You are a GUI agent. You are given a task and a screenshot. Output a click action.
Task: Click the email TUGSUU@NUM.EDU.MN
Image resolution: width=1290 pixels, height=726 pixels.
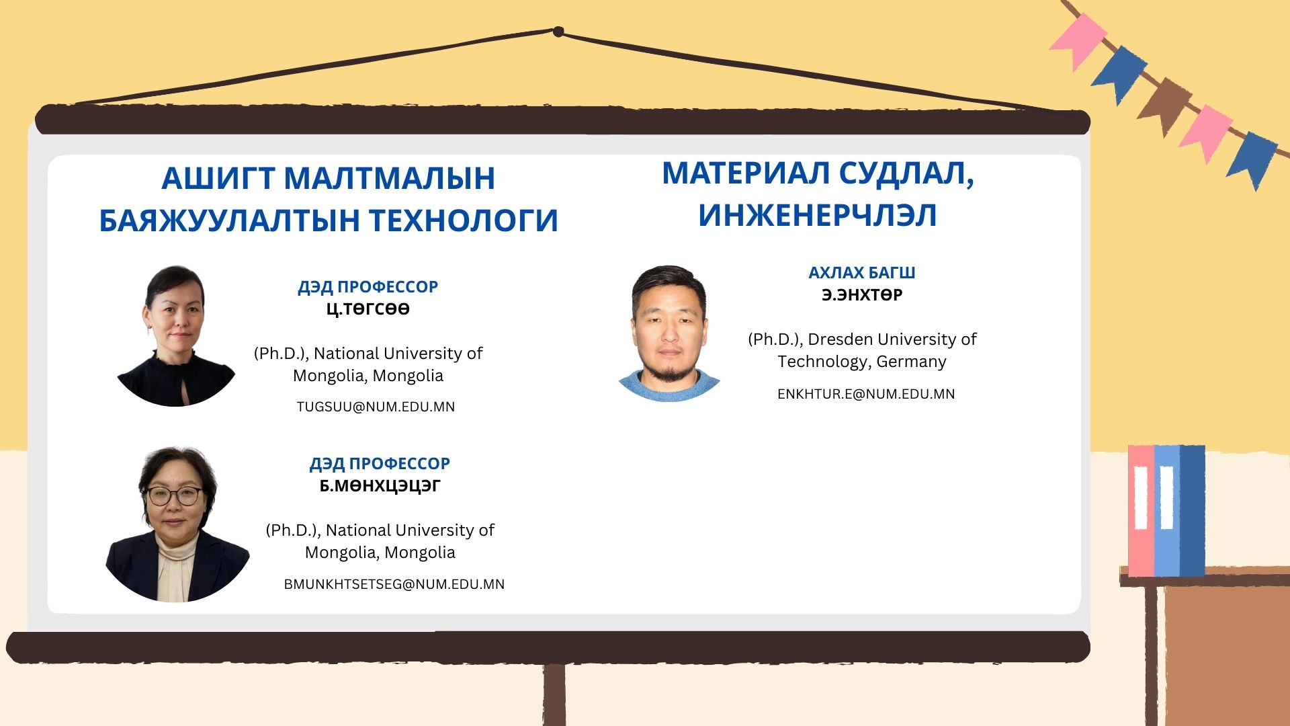pos(376,407)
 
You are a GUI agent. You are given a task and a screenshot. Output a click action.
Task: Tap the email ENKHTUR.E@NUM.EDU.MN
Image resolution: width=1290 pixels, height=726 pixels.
pos(866,394)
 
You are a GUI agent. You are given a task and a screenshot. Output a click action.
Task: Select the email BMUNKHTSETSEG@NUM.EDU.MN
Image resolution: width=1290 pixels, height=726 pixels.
pos(394,584)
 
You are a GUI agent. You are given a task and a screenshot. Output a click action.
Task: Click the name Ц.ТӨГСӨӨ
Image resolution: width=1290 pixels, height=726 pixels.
pos(368,309)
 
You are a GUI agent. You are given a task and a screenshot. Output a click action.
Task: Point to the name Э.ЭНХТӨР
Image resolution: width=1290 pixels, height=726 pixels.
pos(862,295)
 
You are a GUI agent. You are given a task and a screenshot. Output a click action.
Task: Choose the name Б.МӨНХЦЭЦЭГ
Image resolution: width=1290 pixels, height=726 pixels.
pos(380,486)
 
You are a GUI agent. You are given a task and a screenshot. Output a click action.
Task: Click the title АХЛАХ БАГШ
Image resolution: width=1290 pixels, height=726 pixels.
pos(862,273)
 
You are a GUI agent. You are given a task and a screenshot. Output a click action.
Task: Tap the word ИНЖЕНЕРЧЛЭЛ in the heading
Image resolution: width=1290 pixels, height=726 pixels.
pos(818,215)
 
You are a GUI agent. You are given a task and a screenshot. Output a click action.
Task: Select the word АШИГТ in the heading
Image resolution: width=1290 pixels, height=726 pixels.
pos(218,178)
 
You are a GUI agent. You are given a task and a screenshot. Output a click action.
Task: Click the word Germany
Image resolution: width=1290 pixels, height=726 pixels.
pos(912,362)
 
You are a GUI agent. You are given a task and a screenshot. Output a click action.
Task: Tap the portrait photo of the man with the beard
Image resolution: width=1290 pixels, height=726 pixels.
pos(669,333)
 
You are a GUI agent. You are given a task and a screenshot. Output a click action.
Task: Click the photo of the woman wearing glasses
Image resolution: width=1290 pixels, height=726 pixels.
pos(177,524)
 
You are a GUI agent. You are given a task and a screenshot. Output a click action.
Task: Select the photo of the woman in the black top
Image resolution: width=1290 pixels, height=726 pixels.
pos(176,336)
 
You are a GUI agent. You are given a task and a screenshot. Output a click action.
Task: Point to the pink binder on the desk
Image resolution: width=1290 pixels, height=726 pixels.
pos(1141,511)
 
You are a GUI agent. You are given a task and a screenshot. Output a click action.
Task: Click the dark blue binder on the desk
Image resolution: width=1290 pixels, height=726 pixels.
pos(1193,511)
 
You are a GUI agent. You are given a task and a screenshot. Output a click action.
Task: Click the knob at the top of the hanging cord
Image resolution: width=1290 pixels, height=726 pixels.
pos(558,31)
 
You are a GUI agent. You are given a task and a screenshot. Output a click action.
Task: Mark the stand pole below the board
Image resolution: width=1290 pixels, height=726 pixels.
pos(554,694)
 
